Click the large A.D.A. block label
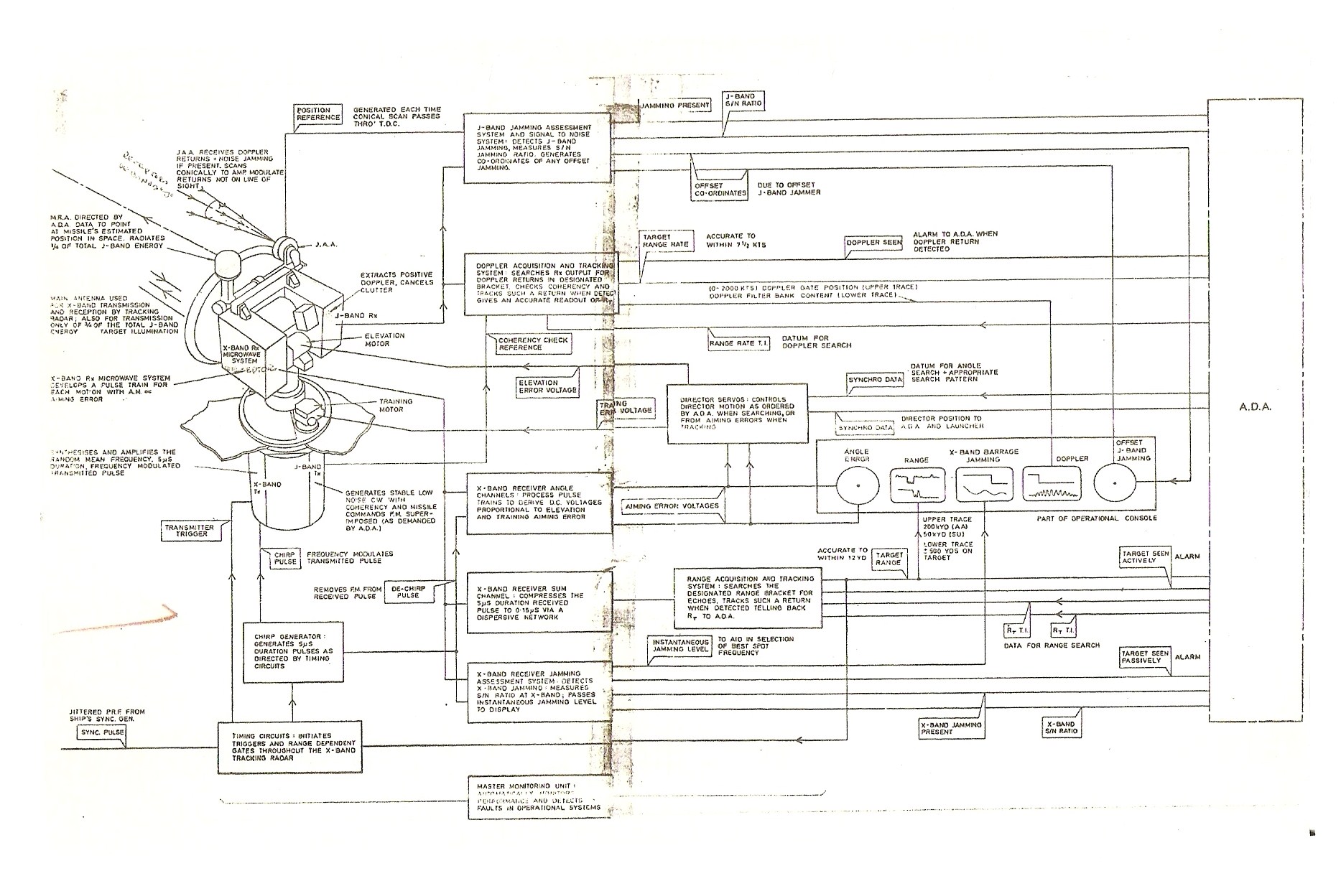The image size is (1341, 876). pos(1255,406)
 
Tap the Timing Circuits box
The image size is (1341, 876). pos(288,747)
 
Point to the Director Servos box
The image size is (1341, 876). pos(737,414)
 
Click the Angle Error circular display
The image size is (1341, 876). pos(858,485)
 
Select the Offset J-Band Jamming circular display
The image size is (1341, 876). pos(1115,485)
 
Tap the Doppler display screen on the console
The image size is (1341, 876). pos(1052,485)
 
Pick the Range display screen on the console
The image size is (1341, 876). pos(919,485)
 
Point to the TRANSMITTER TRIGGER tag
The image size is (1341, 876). pos(189,531)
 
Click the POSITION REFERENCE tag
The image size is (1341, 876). pos(318,114)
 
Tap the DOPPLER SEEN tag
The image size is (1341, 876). pos(873,243)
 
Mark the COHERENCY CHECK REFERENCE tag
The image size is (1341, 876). pos(529,343)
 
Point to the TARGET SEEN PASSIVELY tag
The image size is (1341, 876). pos(1145,656)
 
